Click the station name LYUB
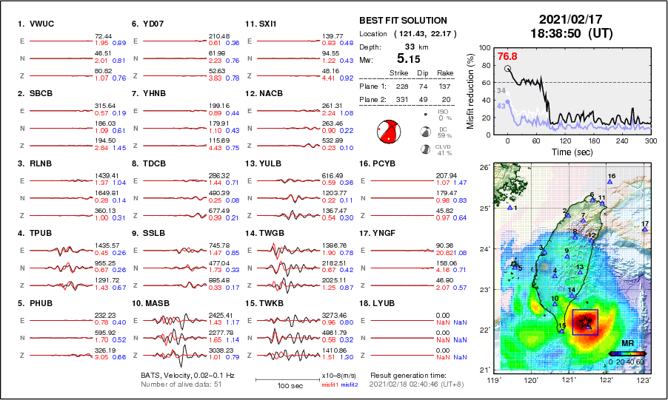click(x=382, y=303)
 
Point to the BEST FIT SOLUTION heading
click(x=403, y=21)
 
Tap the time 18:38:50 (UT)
click(x=564, y=33)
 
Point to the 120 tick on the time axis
click(x=564, y=140)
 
